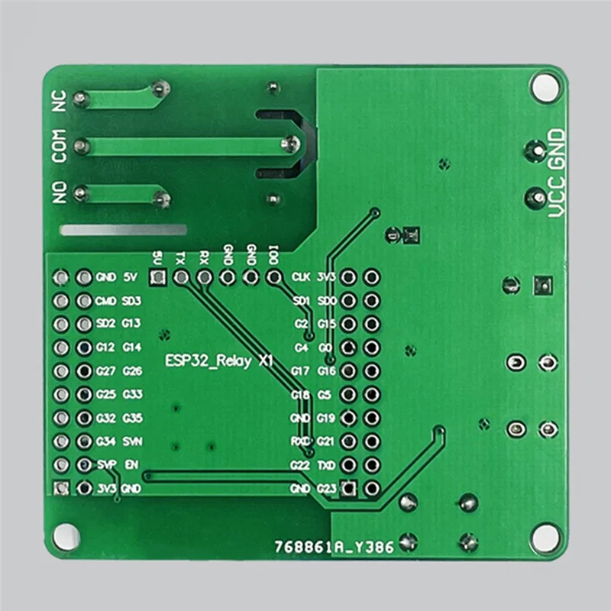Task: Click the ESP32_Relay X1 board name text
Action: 219,361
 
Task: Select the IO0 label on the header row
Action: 273,254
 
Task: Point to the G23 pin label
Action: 326,488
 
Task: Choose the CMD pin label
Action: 107,301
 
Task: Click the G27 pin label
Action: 107,372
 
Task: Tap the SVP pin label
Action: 107,464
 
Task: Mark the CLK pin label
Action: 301,277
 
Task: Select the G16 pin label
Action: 326,371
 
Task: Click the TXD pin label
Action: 326,464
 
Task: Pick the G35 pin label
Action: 132,418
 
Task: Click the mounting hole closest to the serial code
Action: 545,538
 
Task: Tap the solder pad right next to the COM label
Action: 80,144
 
